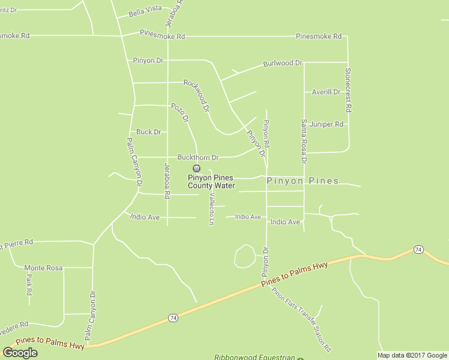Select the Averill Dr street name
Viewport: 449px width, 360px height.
click(x=326, y=92)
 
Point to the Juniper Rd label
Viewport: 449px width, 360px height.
click(x=328, y=124)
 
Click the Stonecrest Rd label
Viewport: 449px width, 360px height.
click(x=348, y=90)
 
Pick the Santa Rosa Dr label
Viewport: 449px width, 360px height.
click(x=304, y=142)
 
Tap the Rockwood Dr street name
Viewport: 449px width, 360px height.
click(x=196, y=96)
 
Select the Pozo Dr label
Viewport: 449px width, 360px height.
click(x=179, y=112)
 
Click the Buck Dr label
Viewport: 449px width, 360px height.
click(x=148, y=132)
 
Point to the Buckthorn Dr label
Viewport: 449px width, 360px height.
click(x=198, y=157)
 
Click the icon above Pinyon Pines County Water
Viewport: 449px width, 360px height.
click(x=196, y=168)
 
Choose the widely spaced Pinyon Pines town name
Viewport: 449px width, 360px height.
click(x=303, y=181)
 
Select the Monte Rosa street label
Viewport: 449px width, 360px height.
click(x=43, y=268)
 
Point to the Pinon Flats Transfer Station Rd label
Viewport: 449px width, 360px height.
click(x=301, y=320)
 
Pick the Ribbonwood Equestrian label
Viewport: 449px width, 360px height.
click(x=255, y=357)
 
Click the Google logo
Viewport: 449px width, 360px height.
click(x=20, y=352)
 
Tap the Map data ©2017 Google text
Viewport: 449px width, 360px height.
click(x=412, y=355)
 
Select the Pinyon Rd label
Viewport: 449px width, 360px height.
click(x=267, y=134)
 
